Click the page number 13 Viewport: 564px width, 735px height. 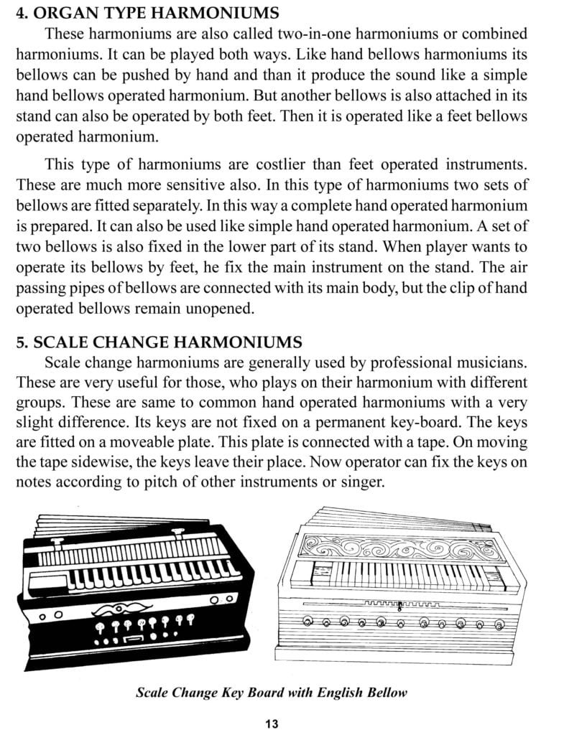[272, 723]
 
